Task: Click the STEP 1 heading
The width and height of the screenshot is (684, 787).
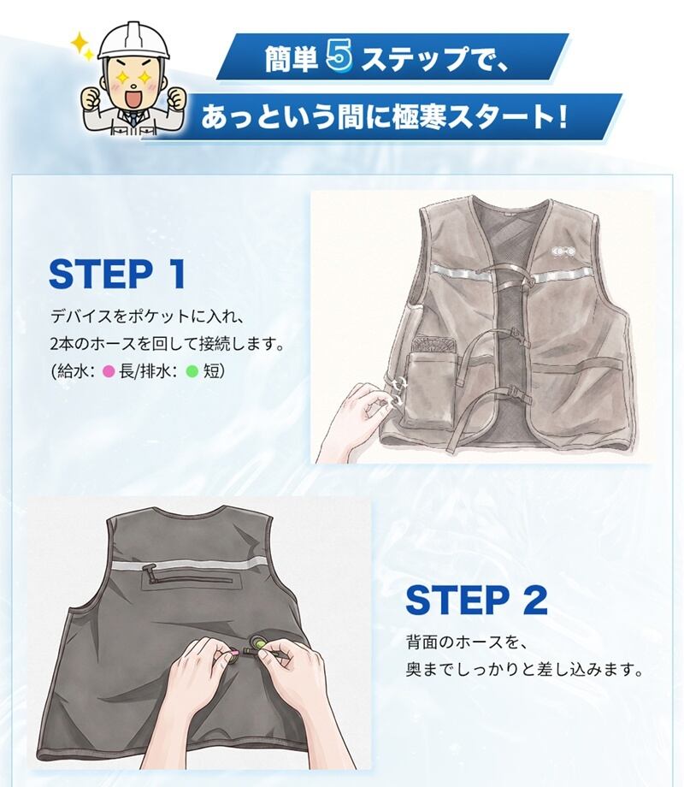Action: tap(117, 274)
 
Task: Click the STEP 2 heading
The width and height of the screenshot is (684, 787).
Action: tap(475, 600)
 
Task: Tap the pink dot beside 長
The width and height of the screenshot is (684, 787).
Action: tap(109, 372)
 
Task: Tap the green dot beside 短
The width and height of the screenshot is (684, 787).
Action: tap(192, 372)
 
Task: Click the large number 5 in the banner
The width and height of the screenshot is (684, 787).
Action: tap(339, 56)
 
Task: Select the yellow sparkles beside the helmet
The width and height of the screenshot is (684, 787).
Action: tap(81, 45)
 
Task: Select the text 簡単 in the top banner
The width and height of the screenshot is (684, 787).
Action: tap(291, 57)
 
